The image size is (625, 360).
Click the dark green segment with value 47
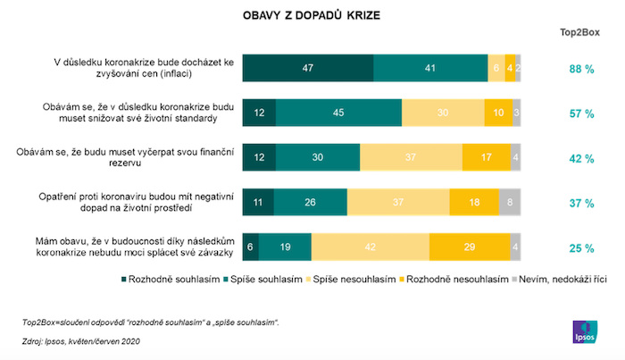tap(308, 68)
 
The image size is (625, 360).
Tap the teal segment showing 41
tap(430, 68)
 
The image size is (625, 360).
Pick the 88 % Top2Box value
tap(582, 68)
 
